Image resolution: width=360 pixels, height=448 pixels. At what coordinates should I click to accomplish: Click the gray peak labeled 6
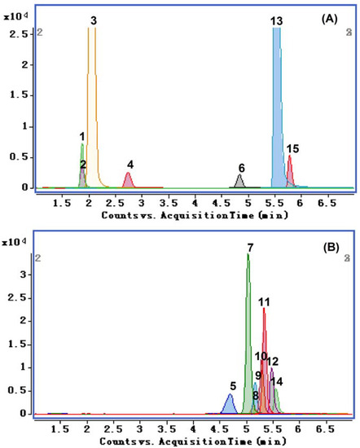pos(239,182)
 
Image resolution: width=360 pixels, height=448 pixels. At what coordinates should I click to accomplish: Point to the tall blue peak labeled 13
pos(277,106)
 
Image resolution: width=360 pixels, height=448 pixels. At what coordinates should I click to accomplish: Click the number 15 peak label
pos(293,148)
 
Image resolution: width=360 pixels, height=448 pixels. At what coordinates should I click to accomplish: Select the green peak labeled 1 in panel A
pos(82,163)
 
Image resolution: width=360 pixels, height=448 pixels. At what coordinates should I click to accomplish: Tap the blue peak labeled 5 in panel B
pos(230,405)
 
